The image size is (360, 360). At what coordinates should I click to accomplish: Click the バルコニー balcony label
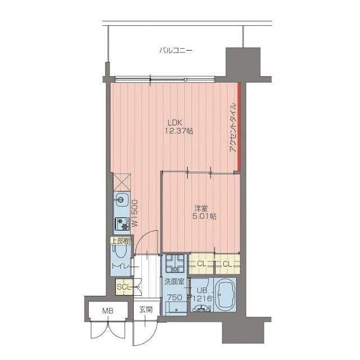tap(175, 50)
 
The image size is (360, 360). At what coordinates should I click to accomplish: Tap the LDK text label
tap(175, 122)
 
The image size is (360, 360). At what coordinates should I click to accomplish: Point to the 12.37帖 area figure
tap(179, 131)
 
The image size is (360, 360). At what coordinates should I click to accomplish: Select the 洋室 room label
tap(201, 209)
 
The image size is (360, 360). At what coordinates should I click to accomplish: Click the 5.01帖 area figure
tap(204, 216)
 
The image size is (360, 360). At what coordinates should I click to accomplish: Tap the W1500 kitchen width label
tap(134, 213)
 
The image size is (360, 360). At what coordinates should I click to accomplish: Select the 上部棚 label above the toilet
tap(120, 241)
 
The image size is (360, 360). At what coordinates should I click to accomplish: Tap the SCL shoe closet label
tap(124, 287)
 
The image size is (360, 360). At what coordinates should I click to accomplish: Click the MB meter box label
tap(107, 311)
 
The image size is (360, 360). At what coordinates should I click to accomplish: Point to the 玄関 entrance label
tap(146, 310)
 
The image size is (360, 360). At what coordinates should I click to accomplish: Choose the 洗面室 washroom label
tap(174, 282)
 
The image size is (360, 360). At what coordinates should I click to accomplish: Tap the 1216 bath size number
tap(202, 299)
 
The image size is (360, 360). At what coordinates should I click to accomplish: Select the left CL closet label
tap(201, 264)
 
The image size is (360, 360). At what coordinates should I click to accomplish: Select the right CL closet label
tap(227, 264)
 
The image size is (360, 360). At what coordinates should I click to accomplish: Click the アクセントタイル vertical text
tap(232, 128)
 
